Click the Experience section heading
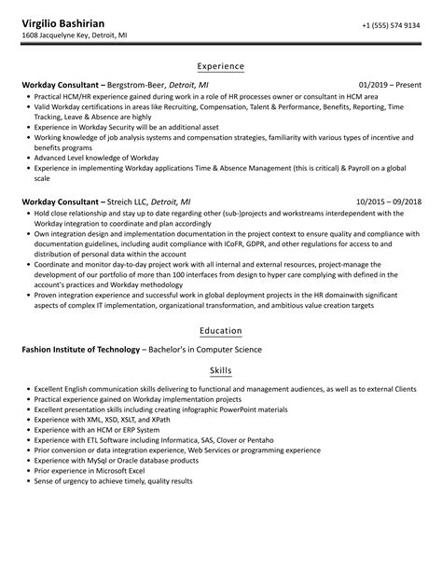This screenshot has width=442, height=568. click(x=221, y=66)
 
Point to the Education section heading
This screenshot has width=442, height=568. click(x=221, y=330)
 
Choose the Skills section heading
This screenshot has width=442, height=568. click(x=221, y=370)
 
